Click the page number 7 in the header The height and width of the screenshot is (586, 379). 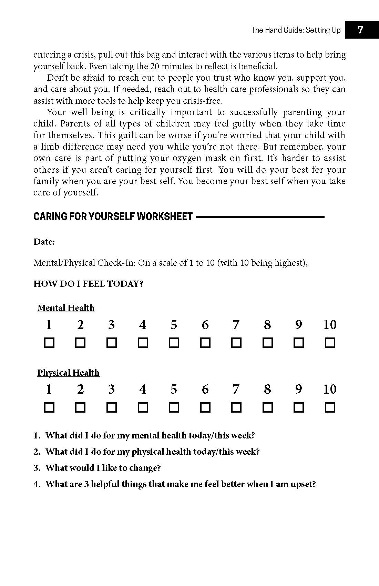360,30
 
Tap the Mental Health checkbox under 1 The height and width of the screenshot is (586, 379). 49,343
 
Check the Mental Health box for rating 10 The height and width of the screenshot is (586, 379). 330,343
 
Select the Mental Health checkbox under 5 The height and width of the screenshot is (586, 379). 174,343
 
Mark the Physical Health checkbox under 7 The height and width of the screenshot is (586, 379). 236,408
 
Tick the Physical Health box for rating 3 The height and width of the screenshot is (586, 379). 111,408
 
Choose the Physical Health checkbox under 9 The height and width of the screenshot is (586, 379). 299,408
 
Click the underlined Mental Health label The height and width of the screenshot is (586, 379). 66,308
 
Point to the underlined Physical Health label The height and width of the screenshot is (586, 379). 68,373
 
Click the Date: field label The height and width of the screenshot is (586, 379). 44,242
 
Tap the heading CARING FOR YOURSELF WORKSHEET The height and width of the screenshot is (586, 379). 113,216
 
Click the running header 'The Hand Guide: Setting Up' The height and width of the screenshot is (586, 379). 296,30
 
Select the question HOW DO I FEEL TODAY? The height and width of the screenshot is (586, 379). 88,284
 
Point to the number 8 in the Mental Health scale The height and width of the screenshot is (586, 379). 267,325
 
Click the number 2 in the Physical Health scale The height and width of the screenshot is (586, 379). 80,390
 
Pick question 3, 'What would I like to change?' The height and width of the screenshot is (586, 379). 103,468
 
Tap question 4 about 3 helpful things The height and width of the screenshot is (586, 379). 180,484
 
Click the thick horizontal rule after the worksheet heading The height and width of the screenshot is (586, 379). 260,217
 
